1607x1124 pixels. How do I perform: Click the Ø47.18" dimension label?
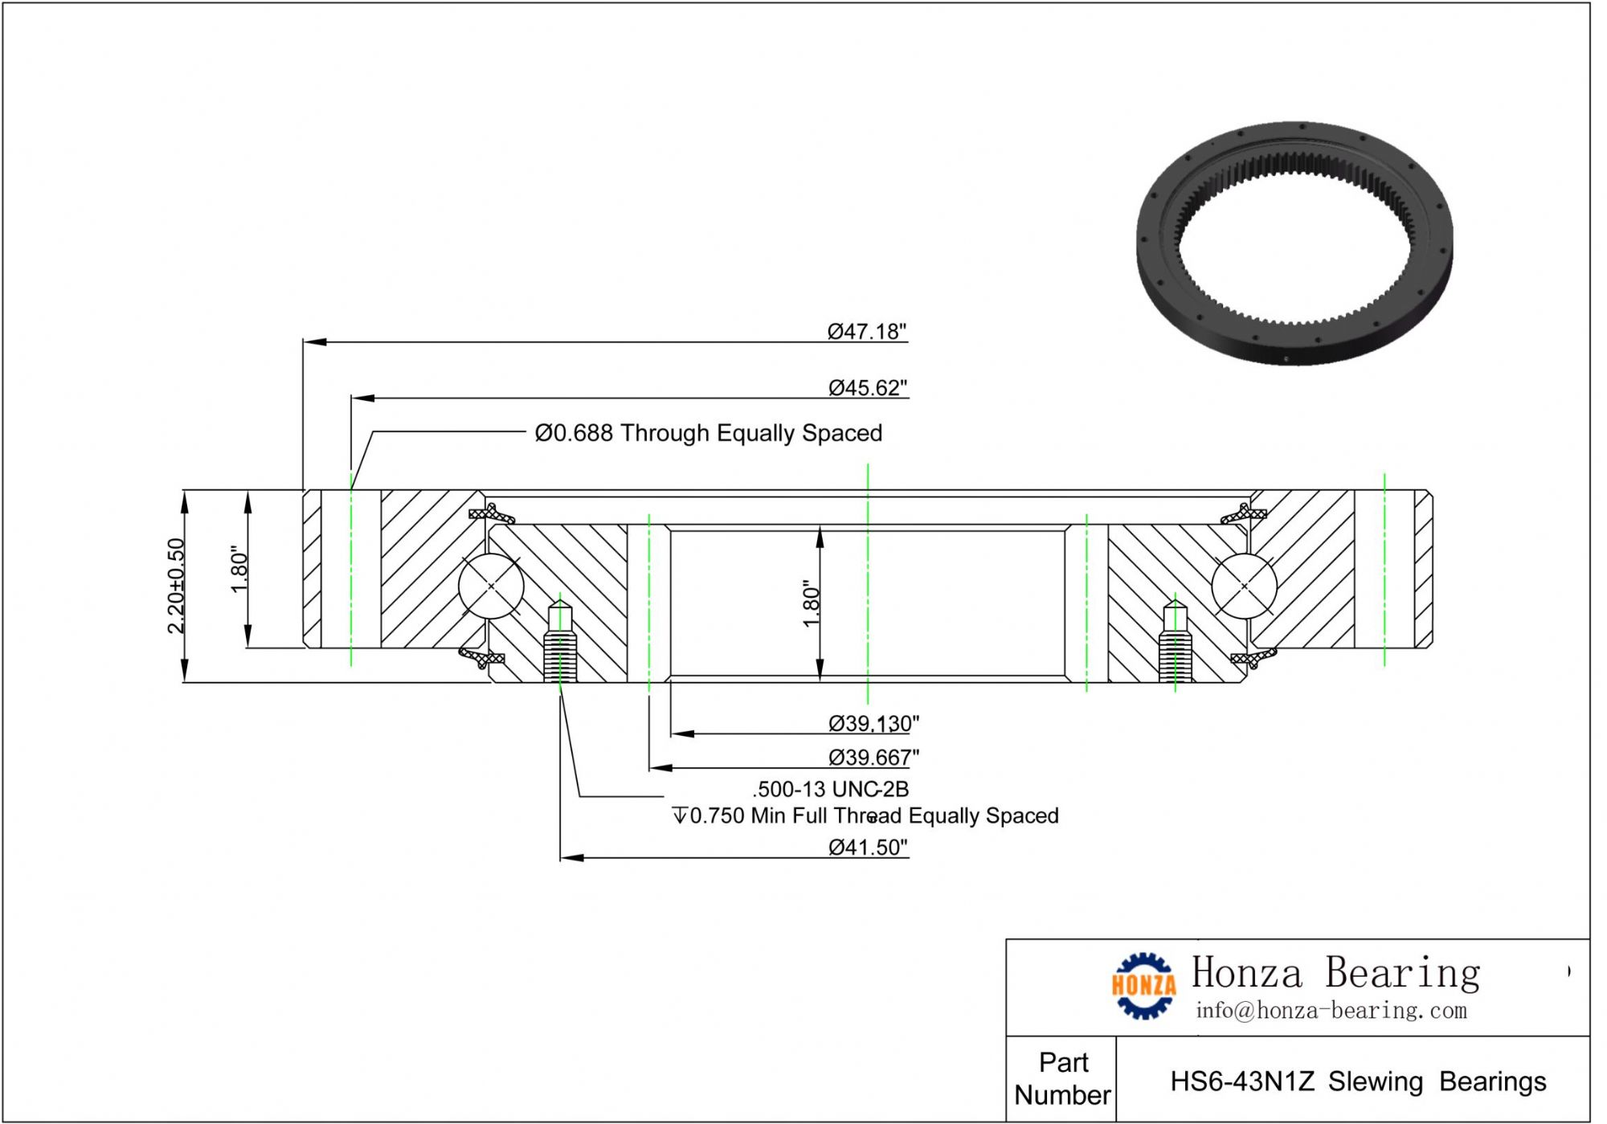pyautogui.click(x=867, y=332)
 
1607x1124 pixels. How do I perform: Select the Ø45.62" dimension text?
pyautogui.click(x=868, y=388)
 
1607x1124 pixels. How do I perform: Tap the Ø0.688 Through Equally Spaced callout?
pyautogui.click(x=708, y=433)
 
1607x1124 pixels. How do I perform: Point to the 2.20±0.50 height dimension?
pyautogui.click(x=177, y=586)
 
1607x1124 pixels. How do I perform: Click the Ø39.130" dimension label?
pyautogui.click(x=873, y=724)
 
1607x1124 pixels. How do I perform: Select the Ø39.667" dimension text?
pyautogui.click(x=873, y=758)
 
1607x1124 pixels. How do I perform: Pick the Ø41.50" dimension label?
pyautogui.click(x=868, y=848)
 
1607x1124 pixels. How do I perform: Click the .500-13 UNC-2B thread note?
pyautogui.click(x=830, y=789)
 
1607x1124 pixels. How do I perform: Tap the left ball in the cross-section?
pyautogui.click(x=491, y=586)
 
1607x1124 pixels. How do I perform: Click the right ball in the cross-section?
pyautogui.click(x=1244, y=586)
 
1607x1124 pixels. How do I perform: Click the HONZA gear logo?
pyautogui.click(x=1143, y=985)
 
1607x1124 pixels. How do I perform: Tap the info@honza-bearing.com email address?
pyautogui.click(x=1331, y=1010)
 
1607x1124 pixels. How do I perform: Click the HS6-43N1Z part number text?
pyautogui.click(x=1358, y=1081)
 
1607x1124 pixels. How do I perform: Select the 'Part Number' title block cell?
pyautogui.click(x=1062, y=1078)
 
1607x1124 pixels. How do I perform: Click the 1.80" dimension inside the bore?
pyautogui.click(x=811, y=603)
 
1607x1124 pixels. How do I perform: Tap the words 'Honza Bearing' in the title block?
pyautogui.click(x=1335, y=972)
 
